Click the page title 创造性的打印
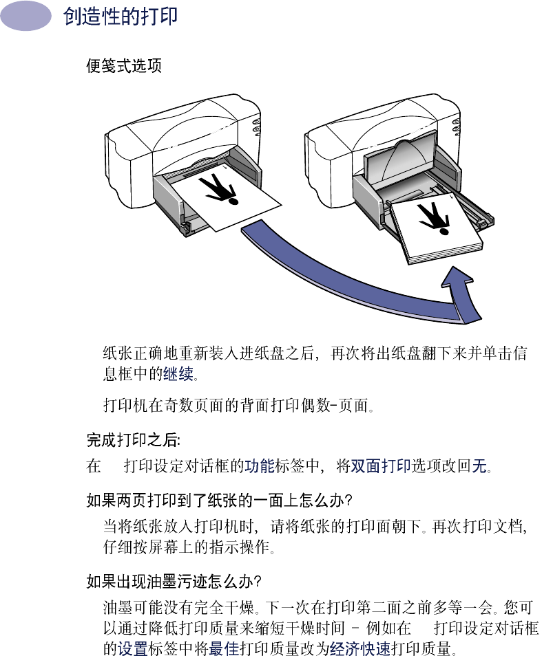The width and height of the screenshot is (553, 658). coord(121,17)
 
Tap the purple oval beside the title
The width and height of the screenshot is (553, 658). coord(26,16)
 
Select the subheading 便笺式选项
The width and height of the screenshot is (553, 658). coord(124,67)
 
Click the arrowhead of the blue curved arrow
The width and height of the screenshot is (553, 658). coord(460,289)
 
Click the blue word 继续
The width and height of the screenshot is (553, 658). coord(178,375)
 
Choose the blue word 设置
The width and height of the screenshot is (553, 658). coord(132,648)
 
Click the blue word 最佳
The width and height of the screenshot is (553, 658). coord(223,648)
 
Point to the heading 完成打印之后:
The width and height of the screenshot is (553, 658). coord(134,439)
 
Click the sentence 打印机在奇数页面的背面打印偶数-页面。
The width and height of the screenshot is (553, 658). coord(238,406)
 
